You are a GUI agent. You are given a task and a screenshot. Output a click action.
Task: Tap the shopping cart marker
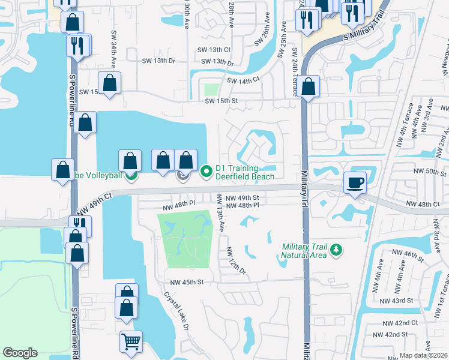(131, 342)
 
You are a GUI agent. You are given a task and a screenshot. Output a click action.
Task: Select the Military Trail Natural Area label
(305, 251)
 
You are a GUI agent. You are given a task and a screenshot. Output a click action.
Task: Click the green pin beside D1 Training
(207, 172)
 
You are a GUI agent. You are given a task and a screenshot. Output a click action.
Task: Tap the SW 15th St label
(218, 101)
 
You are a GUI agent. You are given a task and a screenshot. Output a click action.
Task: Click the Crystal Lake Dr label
(176, 310)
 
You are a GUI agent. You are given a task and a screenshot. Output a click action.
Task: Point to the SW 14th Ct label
(243, 80)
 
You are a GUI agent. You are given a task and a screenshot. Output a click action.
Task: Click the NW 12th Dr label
(237, 262)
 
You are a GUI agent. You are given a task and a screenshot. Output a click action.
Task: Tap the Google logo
(20, 352)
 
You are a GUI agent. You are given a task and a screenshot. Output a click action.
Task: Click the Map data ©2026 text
(423, 355)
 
